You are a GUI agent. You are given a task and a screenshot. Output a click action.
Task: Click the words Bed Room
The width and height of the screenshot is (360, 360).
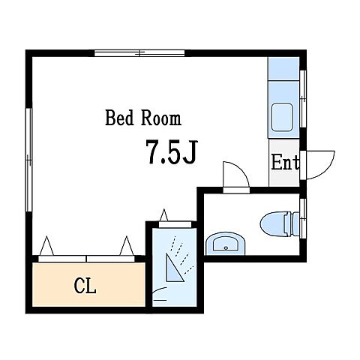(x=143, y=118)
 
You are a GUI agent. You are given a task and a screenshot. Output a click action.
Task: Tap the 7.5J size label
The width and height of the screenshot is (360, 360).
(x=172, y=152)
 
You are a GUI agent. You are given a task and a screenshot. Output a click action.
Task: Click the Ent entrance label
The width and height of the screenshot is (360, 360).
(x=285, y=163)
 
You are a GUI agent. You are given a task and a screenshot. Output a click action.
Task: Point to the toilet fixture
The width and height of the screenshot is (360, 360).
(x=280, y=223)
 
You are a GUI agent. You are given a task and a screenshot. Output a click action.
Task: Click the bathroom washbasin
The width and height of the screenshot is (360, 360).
(x=226, y=244)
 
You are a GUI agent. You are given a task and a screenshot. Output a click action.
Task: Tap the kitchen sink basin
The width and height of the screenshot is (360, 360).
(x=282, y=117)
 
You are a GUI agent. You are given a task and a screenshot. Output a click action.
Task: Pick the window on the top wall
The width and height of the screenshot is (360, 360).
(x=139, y=53)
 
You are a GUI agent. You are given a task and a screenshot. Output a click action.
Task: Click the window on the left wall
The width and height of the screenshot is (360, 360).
(x=29, y=160)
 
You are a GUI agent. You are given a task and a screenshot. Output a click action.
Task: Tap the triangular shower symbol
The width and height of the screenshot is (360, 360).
(x=174, y=268)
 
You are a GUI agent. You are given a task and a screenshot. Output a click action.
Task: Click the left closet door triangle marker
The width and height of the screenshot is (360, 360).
(x=46, y=246)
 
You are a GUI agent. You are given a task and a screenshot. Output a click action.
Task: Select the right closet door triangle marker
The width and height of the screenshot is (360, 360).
(x=127, y=246)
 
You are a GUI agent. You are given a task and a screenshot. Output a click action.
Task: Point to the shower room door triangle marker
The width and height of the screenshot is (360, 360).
(x=164, y=215)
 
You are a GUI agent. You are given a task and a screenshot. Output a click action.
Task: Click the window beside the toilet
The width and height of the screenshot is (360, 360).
(x=303, y=219)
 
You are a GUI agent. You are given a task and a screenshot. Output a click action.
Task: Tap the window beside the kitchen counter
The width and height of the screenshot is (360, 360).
(x=303, y=99)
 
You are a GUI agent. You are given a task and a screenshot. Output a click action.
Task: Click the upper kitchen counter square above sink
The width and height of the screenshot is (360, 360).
(x=283, y=68)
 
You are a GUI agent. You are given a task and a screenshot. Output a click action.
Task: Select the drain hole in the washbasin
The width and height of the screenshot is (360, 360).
(x=226, y=248)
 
